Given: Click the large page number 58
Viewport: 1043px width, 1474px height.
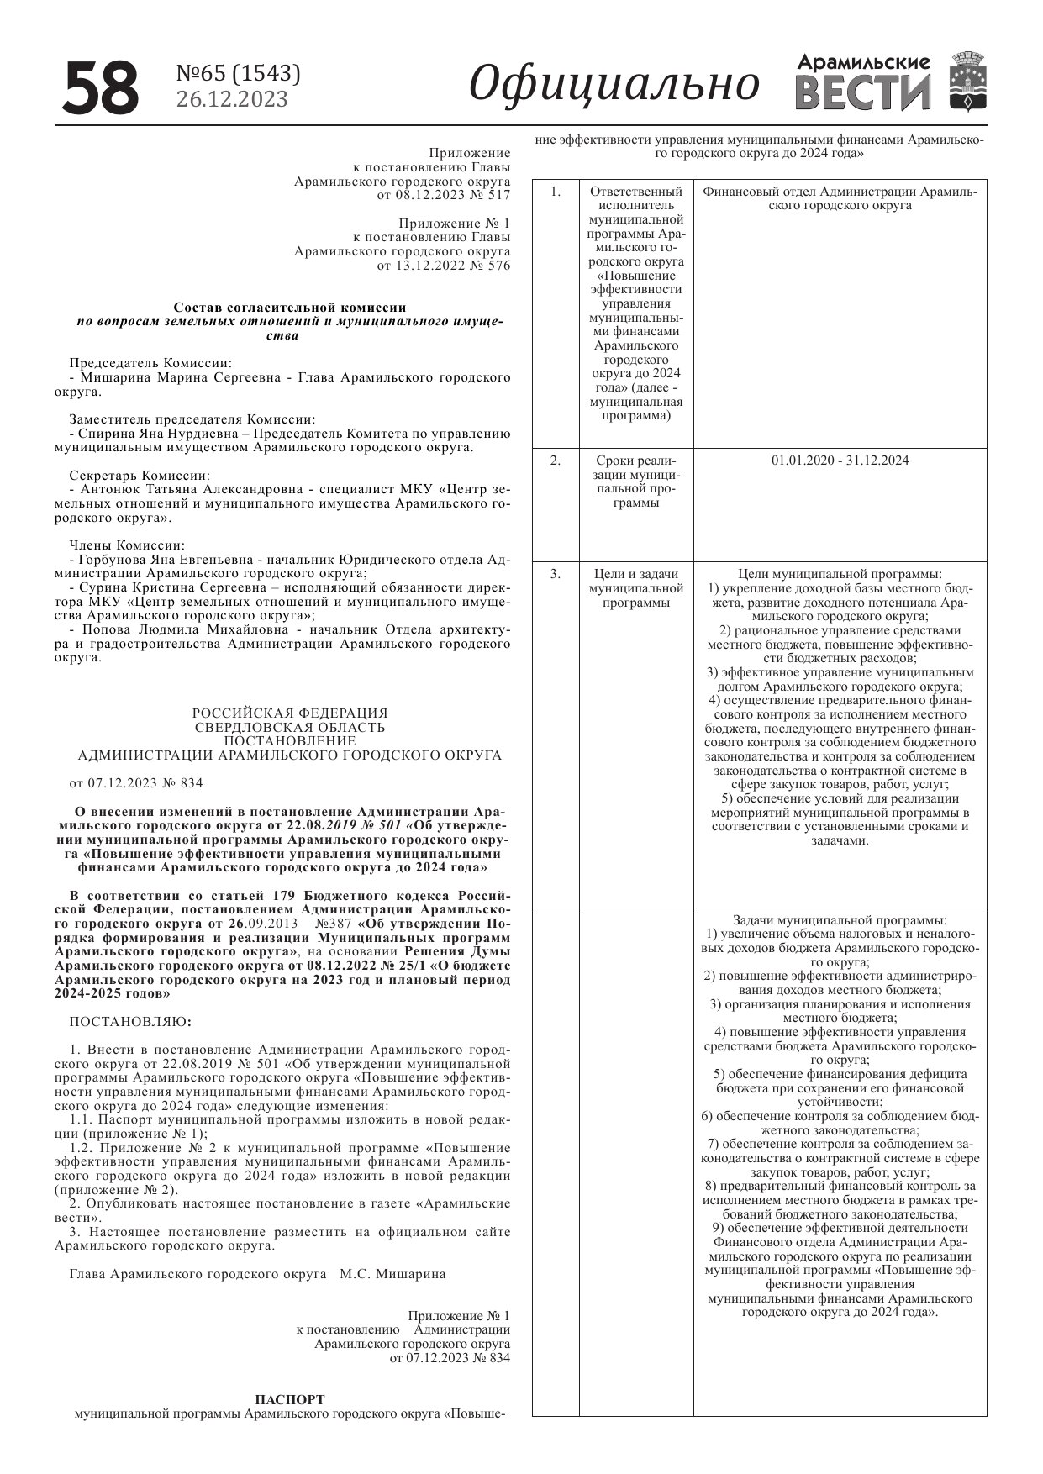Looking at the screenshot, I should [100, 87].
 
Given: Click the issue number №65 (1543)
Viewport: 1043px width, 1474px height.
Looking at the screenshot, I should [238, 74].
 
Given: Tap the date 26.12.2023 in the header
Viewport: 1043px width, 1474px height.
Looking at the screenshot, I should [231, 99].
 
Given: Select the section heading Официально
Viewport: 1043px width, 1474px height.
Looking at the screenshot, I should [614, 83].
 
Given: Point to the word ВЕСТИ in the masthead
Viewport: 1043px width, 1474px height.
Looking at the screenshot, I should [862, 92].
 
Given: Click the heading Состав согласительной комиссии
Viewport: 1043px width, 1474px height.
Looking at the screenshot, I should [289, 308].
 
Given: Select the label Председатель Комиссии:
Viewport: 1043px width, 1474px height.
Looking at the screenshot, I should [150, 363].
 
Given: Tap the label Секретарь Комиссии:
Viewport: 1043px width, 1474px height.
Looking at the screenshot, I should [140, 475].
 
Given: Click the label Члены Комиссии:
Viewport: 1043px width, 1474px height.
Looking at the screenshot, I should [127, 545].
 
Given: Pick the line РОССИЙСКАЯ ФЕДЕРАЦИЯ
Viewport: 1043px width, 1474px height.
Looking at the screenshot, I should [290, 713].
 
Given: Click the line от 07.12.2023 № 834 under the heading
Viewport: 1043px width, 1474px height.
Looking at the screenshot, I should [136, 783].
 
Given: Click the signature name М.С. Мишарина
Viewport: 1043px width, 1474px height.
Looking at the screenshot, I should [392, 1274].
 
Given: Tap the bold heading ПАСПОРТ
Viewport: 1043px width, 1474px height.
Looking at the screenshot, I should [289, 1399].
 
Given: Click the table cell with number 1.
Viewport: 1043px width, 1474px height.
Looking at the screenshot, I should [556, 192].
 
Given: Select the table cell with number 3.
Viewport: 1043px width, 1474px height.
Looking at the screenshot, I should [556, 574].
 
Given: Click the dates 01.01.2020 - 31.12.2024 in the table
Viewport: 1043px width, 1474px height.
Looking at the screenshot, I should [840, 461].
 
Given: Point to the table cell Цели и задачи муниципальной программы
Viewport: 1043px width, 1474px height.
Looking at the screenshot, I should [636, 588].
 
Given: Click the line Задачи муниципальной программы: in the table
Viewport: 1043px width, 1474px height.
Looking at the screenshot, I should [840, 920].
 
